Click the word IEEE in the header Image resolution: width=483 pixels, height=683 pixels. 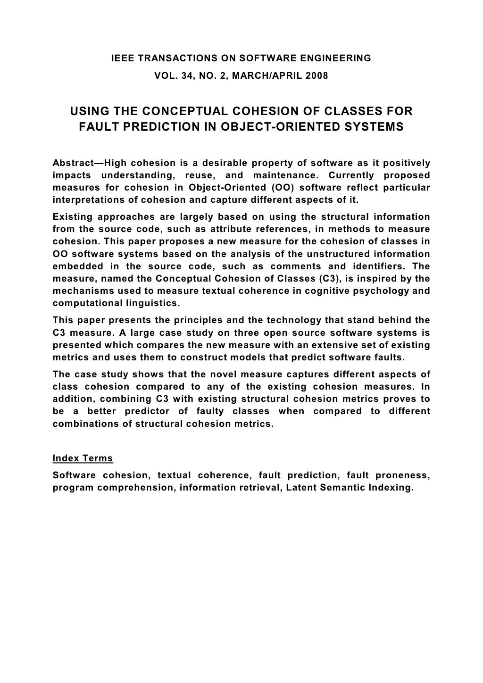pos(121,58)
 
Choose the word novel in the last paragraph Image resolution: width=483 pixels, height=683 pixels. pos(222,375)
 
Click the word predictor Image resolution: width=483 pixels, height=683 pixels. pos(144,411)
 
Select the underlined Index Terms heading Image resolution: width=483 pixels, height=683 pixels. pos(83,458)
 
